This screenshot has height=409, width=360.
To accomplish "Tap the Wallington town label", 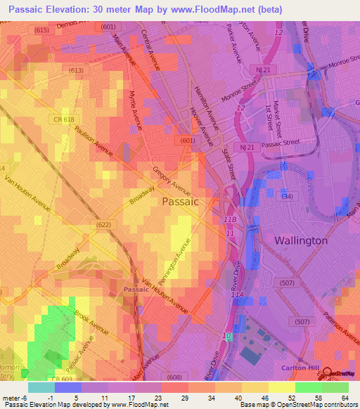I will (x=300, y=240).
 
